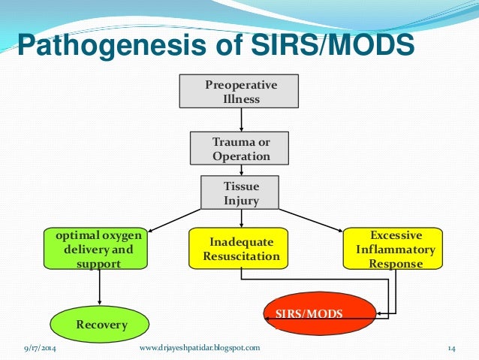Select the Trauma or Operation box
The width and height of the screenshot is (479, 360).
[x=241, y=148]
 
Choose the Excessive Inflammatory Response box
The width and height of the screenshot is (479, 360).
[x=390, y=249]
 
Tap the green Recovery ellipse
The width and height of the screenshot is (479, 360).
[x=100, y=325]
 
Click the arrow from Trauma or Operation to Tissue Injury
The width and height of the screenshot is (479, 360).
[x=241, y=169]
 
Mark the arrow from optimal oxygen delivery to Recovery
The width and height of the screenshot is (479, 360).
[x=100, y=288]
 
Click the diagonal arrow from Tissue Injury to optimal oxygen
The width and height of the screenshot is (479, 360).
[x=176, y=218]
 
